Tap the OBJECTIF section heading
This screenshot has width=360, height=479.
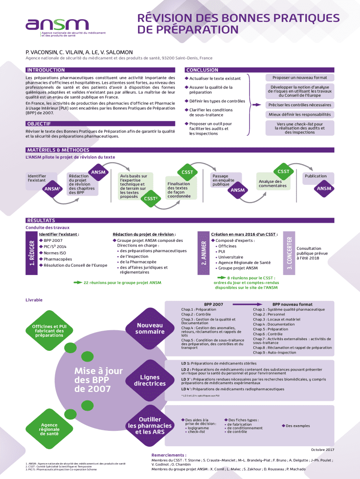(x=40, y=123)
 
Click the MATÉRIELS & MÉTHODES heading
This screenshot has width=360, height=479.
(x=58, y=150)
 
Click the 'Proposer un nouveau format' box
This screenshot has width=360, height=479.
(x=299, y=78)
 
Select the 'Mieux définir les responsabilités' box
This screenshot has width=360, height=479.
(x=299, y=115)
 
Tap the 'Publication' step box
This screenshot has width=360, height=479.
(x=316, y=176)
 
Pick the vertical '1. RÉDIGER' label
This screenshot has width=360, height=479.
(x=32, y=253)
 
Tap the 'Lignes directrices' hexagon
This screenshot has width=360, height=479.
(x=150, y=380)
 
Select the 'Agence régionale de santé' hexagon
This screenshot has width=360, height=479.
(x=49, y=429)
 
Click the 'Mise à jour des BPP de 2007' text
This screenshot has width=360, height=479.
(x=98, y=380)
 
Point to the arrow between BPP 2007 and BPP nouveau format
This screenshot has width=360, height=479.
(x=250, y=305)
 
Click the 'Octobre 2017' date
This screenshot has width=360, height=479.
(x=322, y=450)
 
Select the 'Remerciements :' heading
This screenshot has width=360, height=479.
(x=169, y=455)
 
